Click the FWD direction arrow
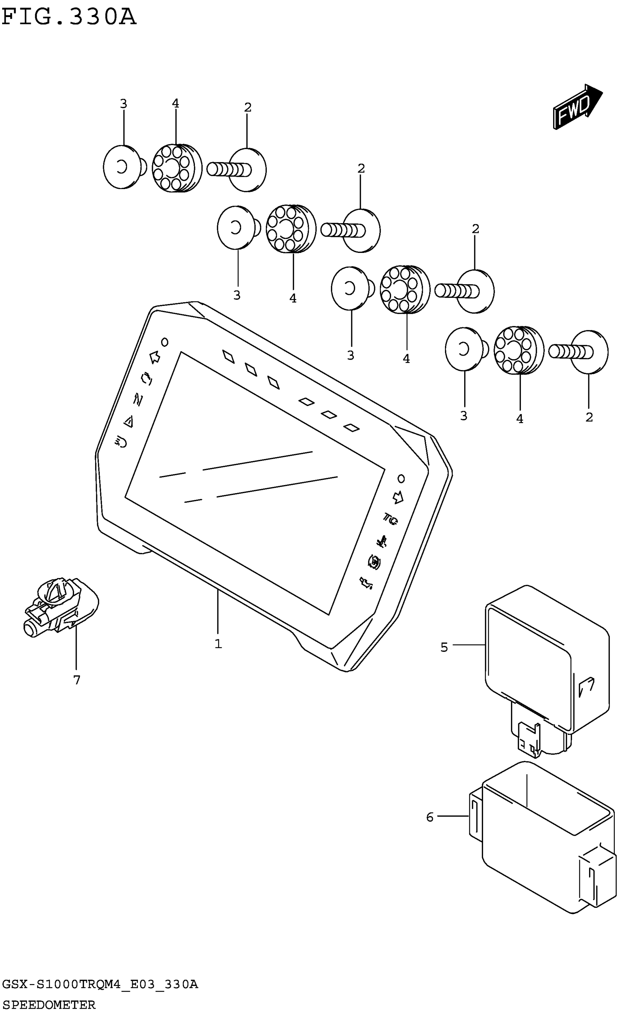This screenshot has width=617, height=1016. (x=577, y=106)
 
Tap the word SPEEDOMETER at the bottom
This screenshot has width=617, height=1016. (x=49, y=1004)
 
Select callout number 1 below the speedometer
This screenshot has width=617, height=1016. (x=218, y=644)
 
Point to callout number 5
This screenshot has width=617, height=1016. (x=444, y=647)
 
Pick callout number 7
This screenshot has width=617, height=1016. (x=77, y=680)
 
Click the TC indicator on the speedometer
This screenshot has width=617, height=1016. (x=390, y=519)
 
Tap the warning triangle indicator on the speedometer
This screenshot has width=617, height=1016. (x=129, y=421)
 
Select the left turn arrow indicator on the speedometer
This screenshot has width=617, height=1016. (x=155, y=357)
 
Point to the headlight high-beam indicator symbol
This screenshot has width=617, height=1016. (x=121, y=442)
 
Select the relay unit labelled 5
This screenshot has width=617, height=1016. (x=547, y=660)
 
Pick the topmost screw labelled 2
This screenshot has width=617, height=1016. (x=237, y=169)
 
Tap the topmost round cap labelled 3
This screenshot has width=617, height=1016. (x=123, y=167)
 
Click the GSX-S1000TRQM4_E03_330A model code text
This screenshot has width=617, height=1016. (x=100, y=985)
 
